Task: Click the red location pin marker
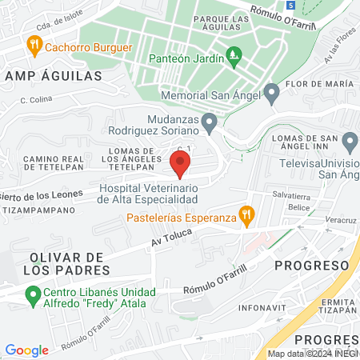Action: tap(180, 165)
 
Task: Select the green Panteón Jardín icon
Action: tap(234, 56)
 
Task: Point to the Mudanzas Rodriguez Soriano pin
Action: tap(210, 123)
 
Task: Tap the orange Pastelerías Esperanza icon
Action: tap(247, 214)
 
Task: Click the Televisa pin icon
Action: tap(350, 143)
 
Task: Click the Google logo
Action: tap(26, 350)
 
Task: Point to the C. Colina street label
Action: tap(36, 100)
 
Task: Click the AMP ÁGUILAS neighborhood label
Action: tap(53, 76)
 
